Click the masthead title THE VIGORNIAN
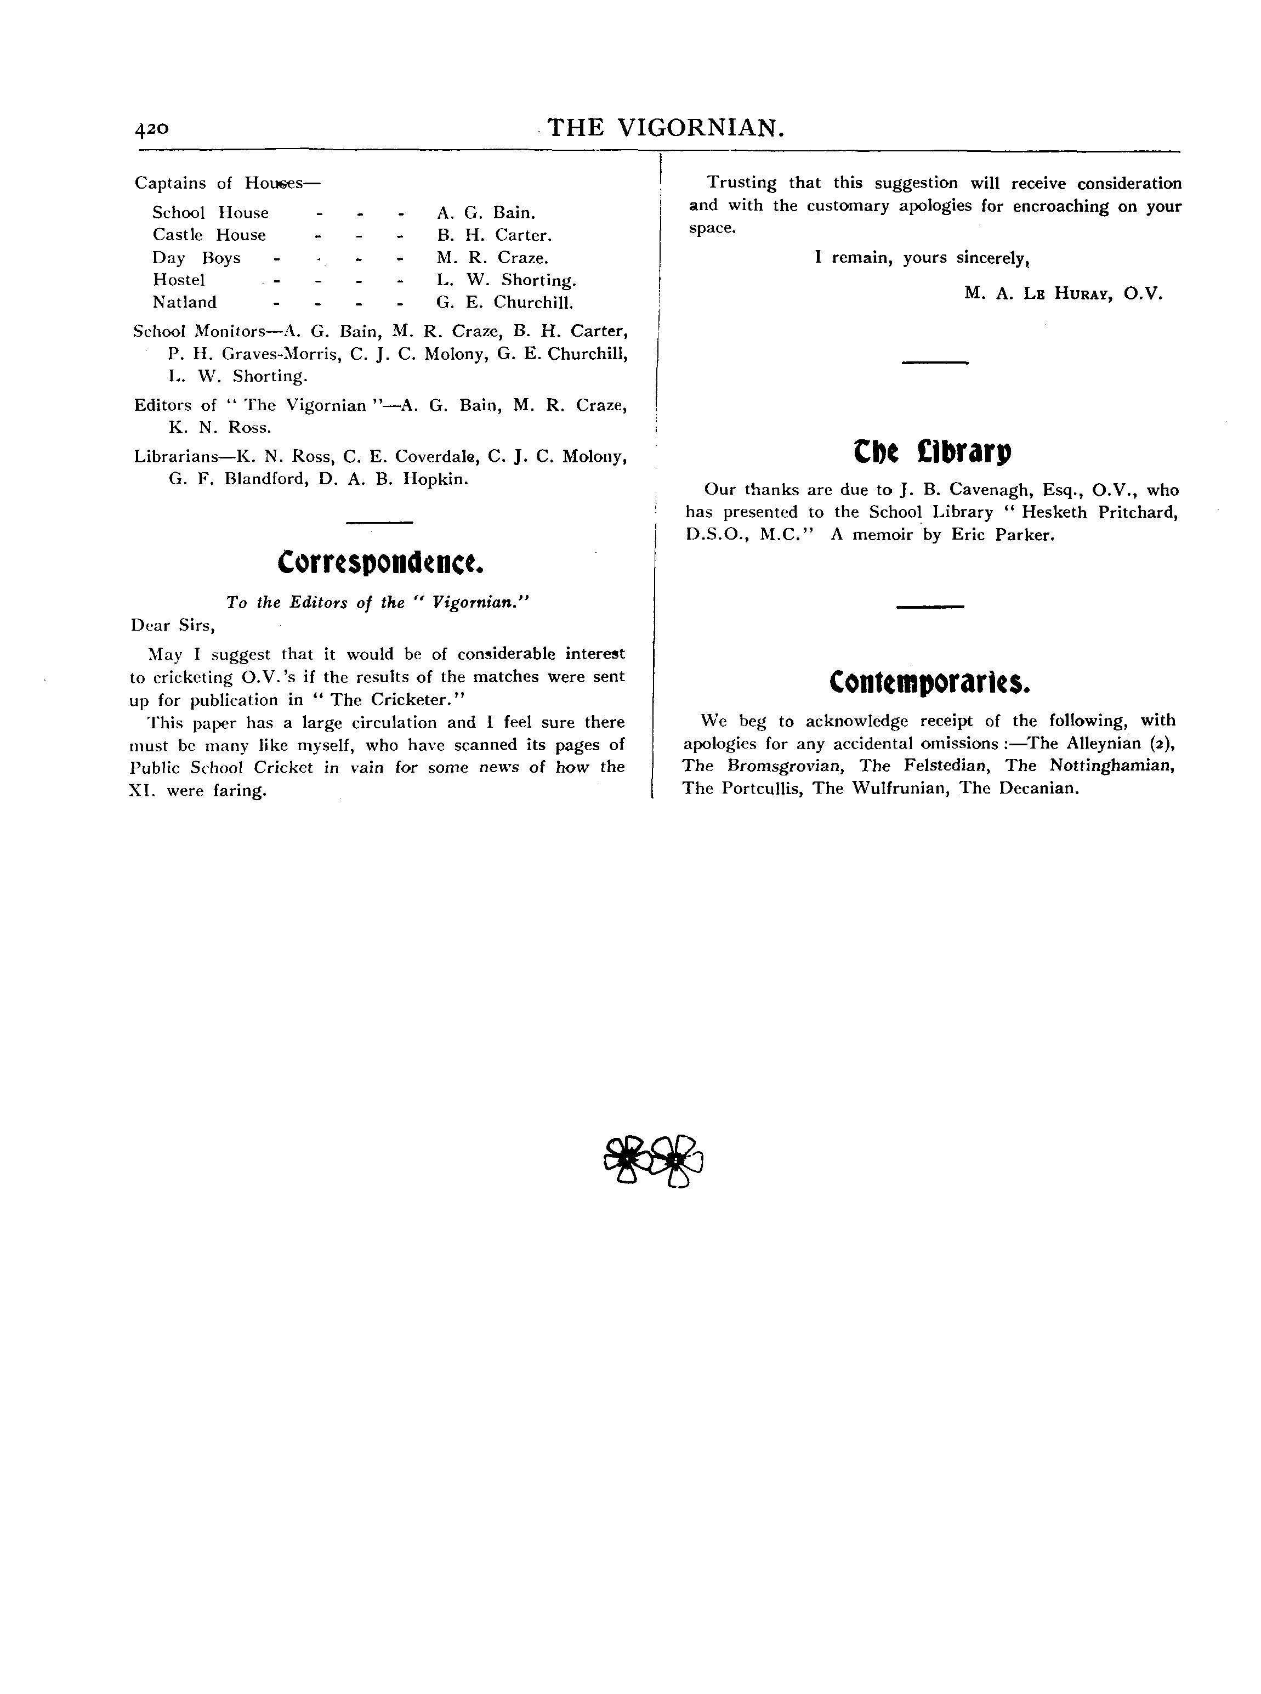[666, 127]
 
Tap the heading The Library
[932, 452]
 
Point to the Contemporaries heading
[930, 682]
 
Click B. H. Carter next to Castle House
[494, 235]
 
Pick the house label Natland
[184, 302]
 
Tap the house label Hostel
[179, 280]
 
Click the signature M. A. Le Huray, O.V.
[1063, 293]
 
